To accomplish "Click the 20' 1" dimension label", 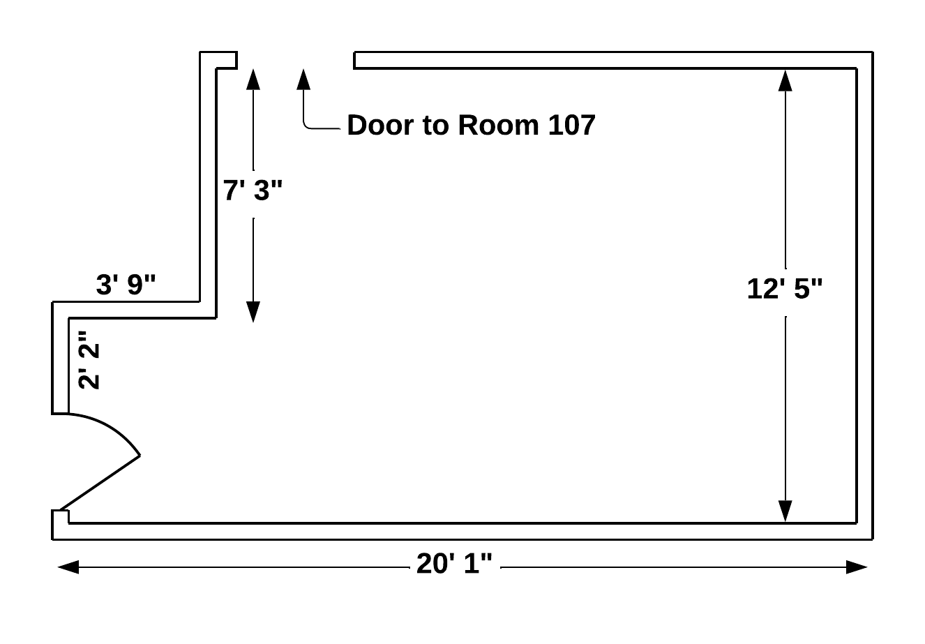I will [x=454, y=564].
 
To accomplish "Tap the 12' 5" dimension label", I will [x=785, y=288].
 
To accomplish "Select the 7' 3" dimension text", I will [x=255, y=190].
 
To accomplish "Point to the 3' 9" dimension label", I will [x=126, y=285].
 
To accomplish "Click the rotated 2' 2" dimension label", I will [x=90, y=360].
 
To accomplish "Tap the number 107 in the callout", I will [x=571, y=126].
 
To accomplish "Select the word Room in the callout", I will [x=498, y=126].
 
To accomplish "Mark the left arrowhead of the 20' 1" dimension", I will [x=68, y=567].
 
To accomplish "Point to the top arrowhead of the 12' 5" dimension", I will [x=785, y=80].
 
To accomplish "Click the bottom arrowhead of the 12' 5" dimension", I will [x=785, y=511].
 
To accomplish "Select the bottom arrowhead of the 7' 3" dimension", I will [x=253, y=312].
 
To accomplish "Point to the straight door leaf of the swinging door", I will [x=100, y=482].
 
